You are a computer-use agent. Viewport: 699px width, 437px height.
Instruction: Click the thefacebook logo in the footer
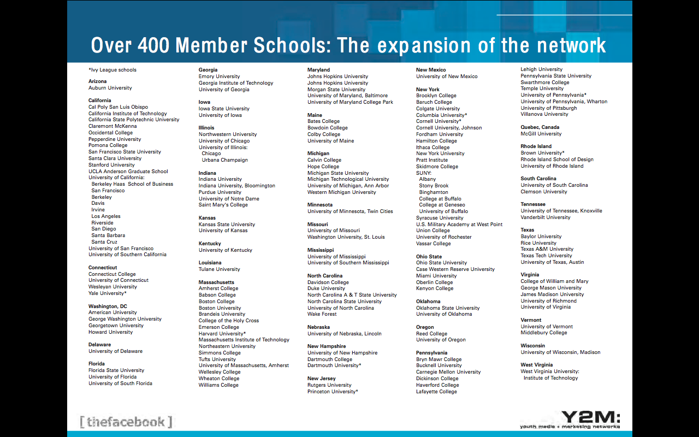pos(126,422)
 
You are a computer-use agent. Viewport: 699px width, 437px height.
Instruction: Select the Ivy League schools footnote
pos(112,70)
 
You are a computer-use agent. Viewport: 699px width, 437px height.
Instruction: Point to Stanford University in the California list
pos(111,165)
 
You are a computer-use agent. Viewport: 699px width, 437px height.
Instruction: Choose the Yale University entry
pos(108,293)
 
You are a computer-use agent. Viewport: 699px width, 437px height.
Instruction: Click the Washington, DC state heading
pos(108,306)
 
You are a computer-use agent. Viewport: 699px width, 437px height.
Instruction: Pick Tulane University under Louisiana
pos(219,269)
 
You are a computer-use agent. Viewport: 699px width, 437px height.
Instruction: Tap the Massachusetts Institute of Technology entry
pos(244,340)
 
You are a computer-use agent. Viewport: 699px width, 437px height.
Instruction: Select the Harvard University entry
pos(222,334)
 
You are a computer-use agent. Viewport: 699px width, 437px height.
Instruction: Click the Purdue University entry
pos(220,192)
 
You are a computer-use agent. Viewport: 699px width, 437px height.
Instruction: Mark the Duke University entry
pos(326,288)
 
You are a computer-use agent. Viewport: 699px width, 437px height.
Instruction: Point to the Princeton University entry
pos(333,392)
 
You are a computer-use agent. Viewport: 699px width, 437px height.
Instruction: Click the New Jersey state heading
pos(321,379)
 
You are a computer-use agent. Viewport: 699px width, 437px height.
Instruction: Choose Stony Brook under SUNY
pos(434,186)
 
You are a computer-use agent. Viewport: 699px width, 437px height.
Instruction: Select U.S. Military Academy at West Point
pos(459,225)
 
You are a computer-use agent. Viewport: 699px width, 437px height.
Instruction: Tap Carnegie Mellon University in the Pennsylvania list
pos(448,372)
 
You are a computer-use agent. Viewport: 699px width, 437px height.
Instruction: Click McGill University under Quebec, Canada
pos(541,134)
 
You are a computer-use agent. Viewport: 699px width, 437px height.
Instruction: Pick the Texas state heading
pos(527,230)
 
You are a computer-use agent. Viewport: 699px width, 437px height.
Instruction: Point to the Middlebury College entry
pos(543,333)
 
